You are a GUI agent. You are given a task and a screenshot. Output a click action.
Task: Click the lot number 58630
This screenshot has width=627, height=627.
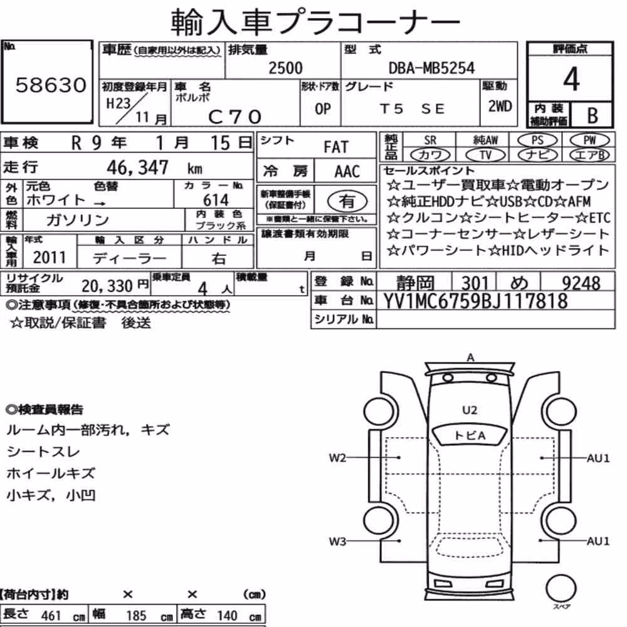point(51,85)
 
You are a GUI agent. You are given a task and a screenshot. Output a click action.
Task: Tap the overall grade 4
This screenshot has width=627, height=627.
point(571,79)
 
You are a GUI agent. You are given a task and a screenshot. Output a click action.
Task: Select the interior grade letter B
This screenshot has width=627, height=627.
point(593,115)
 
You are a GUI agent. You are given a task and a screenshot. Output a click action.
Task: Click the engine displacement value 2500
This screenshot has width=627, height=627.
point(285,68)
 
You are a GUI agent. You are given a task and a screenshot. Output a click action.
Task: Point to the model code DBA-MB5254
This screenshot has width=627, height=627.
point(431,68)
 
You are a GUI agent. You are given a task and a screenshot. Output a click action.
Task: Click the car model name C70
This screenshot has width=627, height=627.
point(234,117)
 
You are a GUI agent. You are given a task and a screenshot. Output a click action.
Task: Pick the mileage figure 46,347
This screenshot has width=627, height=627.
point(137,167)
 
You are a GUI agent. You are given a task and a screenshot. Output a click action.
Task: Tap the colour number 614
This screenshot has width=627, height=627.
point(216,200)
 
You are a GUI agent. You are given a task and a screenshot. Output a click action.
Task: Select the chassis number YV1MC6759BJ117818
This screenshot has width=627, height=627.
point(475,301)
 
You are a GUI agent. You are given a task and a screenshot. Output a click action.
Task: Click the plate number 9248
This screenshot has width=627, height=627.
point(581,283)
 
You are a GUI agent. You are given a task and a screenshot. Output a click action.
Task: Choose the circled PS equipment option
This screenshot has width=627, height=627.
point(537,140)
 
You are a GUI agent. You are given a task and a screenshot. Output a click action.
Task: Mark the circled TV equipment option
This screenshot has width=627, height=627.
point(485,155)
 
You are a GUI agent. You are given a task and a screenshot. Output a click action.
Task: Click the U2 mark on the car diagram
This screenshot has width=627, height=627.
point(470,410)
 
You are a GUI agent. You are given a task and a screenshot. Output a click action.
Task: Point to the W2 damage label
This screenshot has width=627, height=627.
point(337,458)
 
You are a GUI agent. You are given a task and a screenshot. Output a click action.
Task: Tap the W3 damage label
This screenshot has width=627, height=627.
point(337,542)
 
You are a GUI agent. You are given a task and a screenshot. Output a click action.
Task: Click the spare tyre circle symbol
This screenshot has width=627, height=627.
point(561,588)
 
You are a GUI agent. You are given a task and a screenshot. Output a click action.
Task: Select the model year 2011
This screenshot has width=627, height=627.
point(49,258)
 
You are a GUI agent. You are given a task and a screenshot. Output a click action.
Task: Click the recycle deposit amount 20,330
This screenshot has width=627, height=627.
point(107,286)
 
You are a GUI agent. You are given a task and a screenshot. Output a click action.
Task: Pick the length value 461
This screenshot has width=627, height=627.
point(51,616)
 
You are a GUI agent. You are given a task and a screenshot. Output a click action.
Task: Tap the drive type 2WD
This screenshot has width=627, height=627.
point(500,107)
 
